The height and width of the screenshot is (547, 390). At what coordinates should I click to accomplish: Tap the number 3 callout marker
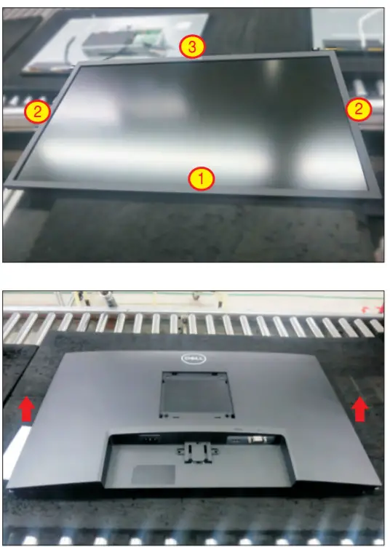[x=191, y=47]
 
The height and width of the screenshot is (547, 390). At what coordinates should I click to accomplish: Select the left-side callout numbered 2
[x=37, y=111]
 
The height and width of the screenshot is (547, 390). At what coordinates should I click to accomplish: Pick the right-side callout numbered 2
[x=358, y=109]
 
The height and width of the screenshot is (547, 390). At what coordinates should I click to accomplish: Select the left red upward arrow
[x=26, y=409]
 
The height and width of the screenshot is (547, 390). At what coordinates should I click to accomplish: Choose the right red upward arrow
[x=359, y=409]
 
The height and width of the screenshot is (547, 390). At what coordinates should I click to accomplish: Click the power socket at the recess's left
[x=149, y=440]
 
